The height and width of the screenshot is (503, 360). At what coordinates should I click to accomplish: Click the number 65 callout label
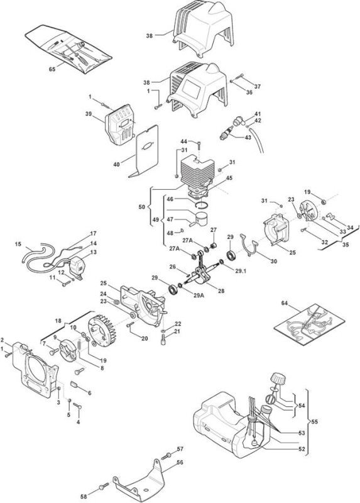pos(52,69)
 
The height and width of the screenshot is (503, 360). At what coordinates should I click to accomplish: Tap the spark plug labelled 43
pos(226,133)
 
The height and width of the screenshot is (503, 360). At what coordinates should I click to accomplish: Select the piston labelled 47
pos(199,219)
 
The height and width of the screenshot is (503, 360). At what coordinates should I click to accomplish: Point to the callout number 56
pos(180,462)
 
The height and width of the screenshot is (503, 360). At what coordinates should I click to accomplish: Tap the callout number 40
pos(116,164)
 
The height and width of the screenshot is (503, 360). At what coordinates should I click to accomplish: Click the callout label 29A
pos(199,295)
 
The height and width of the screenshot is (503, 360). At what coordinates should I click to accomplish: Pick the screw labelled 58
pos(103,487)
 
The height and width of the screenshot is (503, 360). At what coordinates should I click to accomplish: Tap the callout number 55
pos(315,421)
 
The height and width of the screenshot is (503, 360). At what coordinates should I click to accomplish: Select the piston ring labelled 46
pos(201,204)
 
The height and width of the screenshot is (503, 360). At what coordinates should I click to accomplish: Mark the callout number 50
pos(142,207)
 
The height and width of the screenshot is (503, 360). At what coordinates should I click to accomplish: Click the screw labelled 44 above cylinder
pos(199,145)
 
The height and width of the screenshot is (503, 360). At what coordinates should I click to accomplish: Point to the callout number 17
pos(93,233)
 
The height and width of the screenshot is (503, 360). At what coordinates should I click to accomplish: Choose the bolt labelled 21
pos(163,340)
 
